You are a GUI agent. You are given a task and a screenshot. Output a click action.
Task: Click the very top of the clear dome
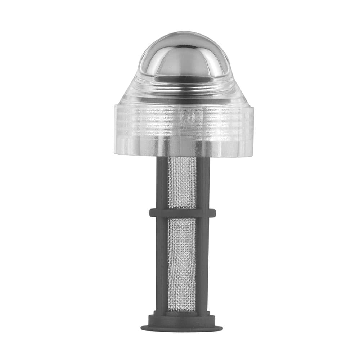pos(184,32)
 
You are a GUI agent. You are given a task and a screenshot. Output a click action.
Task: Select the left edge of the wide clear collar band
pos(116,130)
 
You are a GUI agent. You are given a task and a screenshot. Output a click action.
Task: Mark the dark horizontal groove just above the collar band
pos(184,101)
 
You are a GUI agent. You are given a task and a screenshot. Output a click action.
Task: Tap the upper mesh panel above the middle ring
pos(182,182)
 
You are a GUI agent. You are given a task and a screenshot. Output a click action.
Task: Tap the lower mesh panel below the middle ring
pos(182,263)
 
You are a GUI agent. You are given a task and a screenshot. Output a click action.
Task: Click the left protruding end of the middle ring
pos(152,213)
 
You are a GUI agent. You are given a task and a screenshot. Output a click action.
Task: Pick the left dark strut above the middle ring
pos(162,182)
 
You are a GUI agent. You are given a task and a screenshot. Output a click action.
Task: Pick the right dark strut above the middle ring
pos(203,182)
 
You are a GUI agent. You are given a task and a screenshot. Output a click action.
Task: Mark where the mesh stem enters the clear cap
pos(182,157)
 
